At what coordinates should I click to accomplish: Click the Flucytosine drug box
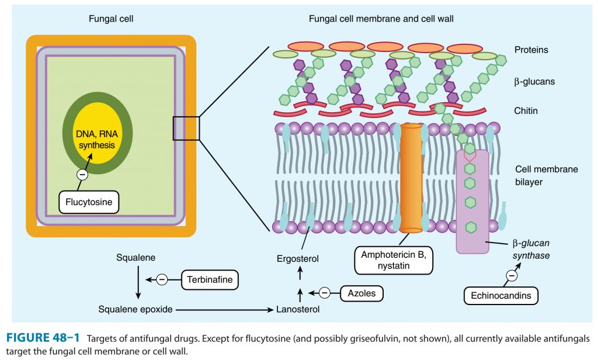[89, 203]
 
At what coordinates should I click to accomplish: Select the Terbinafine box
[210, 280]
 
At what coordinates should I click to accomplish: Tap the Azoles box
[361, 292]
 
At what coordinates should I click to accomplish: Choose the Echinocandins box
[501, 295]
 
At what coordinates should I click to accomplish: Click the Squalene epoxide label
[135, 310]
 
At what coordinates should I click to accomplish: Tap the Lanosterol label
[298, 310]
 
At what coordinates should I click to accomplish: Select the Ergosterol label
[298, 258]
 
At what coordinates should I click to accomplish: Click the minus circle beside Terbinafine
[162, 280]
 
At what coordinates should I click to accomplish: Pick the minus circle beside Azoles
[325, 292]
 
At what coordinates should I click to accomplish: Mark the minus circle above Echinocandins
[512, 274]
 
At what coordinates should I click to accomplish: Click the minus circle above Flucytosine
[83, 174]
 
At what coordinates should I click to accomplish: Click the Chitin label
[526, 110]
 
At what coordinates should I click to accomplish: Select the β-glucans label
[534, 82]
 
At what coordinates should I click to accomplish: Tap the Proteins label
[531, 50]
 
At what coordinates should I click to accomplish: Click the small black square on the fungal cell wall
[186, 128]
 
